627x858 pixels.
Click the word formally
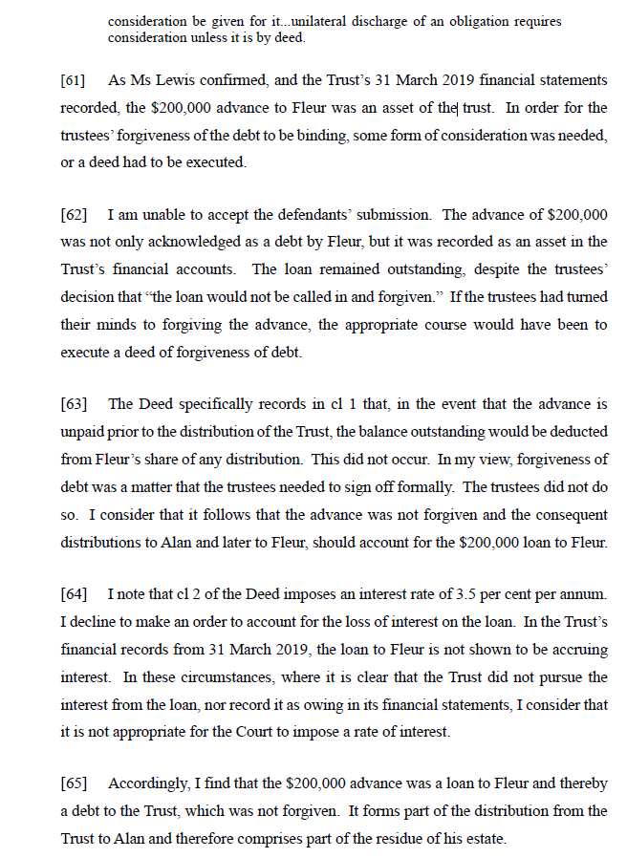click(427, 488)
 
